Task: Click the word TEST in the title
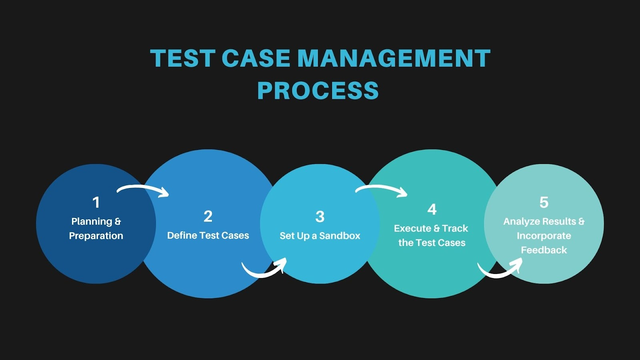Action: click(182, 58)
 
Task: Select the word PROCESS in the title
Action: click(318, 90)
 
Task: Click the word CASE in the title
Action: click(256, 58)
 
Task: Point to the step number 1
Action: click(96, 202)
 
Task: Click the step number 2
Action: click(208, 216)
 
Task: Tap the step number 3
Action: click(320, 217)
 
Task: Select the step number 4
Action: click(432, 209)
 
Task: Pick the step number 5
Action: click(544, 202)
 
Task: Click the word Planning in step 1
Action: click(92, 222)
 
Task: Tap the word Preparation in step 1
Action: click(96, 236)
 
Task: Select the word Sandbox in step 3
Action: click(340, 236)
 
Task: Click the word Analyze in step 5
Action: click(519, 222)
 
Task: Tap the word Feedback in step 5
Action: click(544, 250)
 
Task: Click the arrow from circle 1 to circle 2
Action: click(143, 189)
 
